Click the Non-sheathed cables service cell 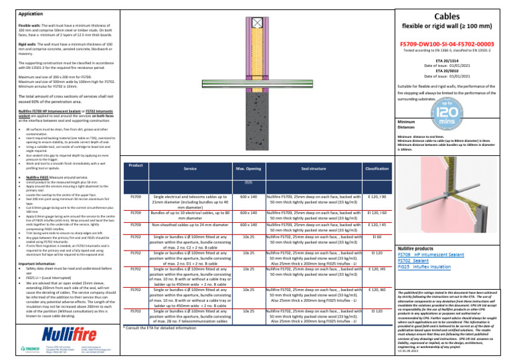[x=190, y=224]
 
